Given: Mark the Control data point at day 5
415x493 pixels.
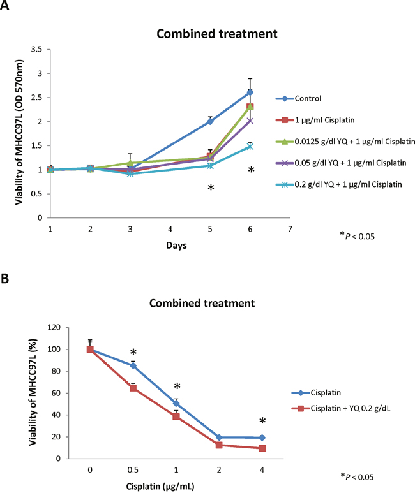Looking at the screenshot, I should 210,121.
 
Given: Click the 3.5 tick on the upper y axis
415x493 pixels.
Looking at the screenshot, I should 36,49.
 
